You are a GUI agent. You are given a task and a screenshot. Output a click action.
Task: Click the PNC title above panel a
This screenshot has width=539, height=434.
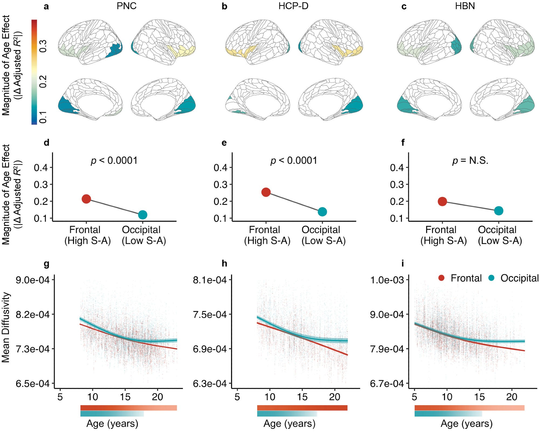click(126, 6)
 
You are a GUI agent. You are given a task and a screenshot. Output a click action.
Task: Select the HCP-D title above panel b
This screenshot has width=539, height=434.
click(293, 6)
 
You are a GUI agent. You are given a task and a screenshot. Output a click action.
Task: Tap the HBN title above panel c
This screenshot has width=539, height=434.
click(465, 6)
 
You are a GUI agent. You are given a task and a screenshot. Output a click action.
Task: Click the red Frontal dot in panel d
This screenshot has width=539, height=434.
click(86, 199)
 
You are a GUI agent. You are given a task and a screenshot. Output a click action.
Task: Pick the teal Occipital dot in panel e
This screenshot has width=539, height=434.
click(322, 212)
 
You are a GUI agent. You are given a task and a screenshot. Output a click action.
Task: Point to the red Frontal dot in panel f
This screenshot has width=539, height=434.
click(442, 201)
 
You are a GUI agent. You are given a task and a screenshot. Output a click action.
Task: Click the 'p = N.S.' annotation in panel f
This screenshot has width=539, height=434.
click(470, 161)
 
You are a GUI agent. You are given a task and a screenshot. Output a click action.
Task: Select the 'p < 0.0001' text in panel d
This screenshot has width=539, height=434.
click(114, 161)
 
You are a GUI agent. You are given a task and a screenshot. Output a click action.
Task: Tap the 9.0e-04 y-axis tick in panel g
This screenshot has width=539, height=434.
click(33, 280)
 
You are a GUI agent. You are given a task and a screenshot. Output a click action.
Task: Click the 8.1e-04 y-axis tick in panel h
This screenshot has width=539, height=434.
click(210, 280)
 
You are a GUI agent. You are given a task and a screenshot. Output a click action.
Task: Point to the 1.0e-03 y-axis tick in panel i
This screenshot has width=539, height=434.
click(387, 280)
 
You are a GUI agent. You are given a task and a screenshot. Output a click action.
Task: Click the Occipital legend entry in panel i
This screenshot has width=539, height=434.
click(514, 278)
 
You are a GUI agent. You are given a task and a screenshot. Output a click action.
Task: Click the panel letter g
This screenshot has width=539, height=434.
click(46, 264)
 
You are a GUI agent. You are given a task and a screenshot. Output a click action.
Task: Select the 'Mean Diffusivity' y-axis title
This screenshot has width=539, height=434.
click(6, 327)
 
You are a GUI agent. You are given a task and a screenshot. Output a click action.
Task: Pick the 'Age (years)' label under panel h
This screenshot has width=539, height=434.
click(289, 424)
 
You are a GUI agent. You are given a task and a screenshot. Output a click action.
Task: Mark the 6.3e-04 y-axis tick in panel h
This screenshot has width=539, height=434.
click(210, 384)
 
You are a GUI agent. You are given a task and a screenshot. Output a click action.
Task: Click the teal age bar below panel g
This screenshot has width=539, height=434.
click(112, 414)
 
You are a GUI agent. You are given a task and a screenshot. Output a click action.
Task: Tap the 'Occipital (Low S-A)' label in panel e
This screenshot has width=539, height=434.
click(323, 235)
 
